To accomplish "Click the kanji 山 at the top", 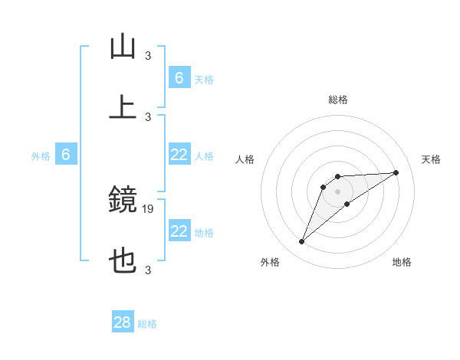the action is pos(123,47).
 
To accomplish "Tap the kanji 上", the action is pos(123,107).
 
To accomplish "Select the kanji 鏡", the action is pos(123,201).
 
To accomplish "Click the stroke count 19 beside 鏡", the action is pos(149,208).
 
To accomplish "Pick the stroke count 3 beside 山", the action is pos(148,55).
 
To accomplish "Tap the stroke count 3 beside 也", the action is pos(148,270).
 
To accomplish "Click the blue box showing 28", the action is pos(123,322).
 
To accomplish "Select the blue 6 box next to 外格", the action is pos(66,155).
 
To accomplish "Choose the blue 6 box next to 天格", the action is pos(179,78).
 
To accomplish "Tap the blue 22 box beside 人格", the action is pos(179,155).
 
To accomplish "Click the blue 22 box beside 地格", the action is pos(179,231).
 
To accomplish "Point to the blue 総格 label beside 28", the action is pos(147,324).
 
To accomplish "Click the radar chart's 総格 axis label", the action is pos(337,100).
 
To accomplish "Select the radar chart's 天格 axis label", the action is pos(432,159).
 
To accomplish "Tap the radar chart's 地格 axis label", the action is pos(402,263).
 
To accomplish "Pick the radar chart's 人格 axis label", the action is pos(245,159).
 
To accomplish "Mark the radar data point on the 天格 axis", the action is pos(396,172).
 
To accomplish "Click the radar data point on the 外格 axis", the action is pos(301,242).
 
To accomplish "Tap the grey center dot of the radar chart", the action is pos(337,191).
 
